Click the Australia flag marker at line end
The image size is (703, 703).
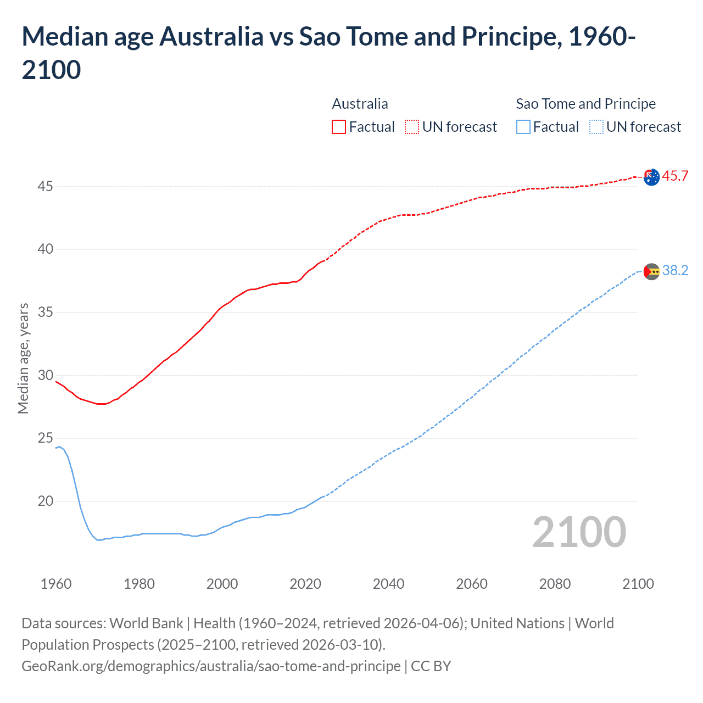(x=651, y=177)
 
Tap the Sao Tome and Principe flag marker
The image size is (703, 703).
(x=651, y=271)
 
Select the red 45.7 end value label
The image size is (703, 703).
(x=675, y=176)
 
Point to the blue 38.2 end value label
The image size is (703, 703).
(x=675, y=270)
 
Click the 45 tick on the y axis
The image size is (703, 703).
(x=45, y=186)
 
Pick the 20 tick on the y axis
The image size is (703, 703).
(x=45, y=501)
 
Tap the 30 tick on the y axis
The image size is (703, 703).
(x=45, y=375)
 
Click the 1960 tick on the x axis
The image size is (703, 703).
(x=56, y=583)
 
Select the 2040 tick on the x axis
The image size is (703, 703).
(x=388, y=583)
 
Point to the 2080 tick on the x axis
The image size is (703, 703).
(x=555, y=583)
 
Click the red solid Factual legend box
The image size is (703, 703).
(x=339, y=127)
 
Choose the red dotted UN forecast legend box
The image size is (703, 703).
(x=412, y=127)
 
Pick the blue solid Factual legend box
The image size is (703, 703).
(x=523, y=127)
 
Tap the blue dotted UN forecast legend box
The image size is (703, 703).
(x=596, y=127)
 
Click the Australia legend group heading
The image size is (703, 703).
(x=360, y=104)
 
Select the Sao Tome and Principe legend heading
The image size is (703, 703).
(x=585, y=104)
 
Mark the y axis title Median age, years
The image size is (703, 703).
(x=23, y=358)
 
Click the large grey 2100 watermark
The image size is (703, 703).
(x=579, y=532)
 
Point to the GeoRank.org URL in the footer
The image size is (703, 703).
(x=211, y=666)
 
